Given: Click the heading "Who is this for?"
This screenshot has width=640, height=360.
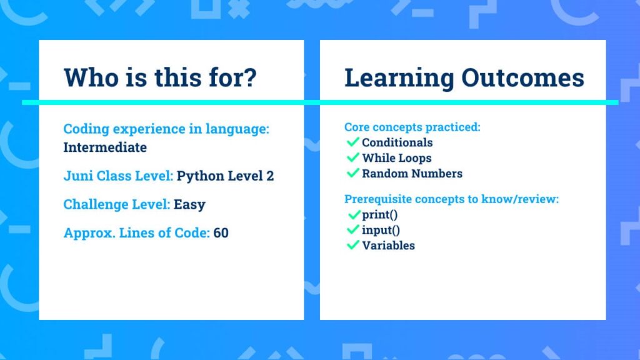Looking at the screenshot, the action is [160, 77].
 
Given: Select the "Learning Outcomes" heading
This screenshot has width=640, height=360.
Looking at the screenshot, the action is [464, 78].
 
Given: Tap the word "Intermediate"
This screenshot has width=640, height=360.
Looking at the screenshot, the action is [105, 147].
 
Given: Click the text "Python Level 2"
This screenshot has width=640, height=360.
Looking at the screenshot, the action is [225, 176].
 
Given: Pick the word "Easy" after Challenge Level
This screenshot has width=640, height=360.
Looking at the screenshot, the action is [189, 204].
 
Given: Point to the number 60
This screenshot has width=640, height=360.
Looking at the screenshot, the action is [221, 232].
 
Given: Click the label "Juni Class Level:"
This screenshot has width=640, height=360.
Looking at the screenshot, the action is [118, 176].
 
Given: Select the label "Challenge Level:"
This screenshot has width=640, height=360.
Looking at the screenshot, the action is [117, 204].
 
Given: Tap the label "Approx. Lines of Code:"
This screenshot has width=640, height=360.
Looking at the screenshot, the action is [137, 233].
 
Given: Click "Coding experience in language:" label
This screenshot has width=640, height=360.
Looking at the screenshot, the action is [166, 129].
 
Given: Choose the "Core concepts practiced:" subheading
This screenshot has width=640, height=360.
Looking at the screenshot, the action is [412, 127].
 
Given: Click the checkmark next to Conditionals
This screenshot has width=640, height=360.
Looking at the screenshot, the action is [352, 142].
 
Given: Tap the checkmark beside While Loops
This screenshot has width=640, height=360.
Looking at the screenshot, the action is [352, 157].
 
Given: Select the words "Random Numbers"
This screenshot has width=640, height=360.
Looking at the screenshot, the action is [412, 174].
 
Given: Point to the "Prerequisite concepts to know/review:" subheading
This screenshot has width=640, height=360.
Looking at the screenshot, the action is [451, 199].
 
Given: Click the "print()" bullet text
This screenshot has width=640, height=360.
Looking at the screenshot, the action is [379, 215].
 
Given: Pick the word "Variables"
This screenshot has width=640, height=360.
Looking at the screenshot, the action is [388, 245].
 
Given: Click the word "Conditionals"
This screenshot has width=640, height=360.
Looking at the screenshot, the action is [397, 142].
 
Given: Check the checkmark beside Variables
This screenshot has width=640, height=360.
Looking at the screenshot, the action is [352, 245].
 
